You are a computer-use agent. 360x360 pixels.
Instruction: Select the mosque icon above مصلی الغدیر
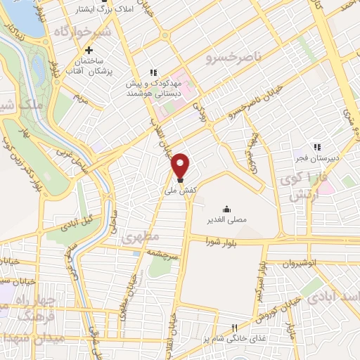[226, 210]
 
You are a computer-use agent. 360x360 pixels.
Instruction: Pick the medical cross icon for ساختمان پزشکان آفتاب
[89, 51]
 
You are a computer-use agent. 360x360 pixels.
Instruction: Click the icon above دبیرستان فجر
[317, 148]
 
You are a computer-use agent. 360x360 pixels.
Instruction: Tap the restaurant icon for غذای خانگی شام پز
[236, 328]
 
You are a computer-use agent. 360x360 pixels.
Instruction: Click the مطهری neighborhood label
[141, 237]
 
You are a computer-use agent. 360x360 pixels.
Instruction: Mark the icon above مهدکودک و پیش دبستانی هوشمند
[153, 72]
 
